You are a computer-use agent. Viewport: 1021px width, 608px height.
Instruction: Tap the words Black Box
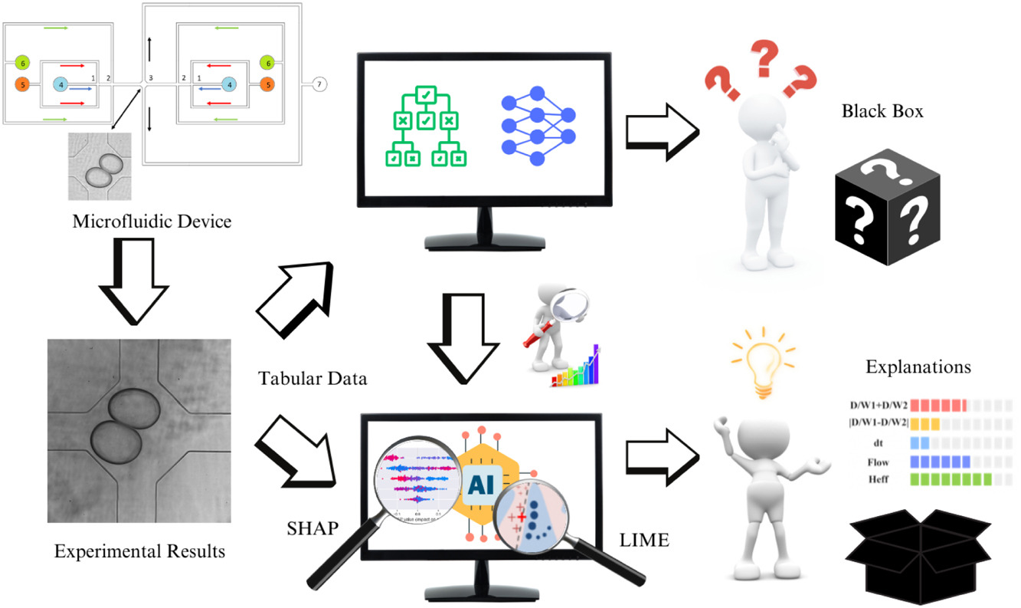882,111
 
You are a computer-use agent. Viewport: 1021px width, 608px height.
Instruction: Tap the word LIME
645,541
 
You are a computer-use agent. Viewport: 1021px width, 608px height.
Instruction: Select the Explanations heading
918,367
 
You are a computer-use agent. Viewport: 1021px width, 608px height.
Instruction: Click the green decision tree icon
425,127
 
